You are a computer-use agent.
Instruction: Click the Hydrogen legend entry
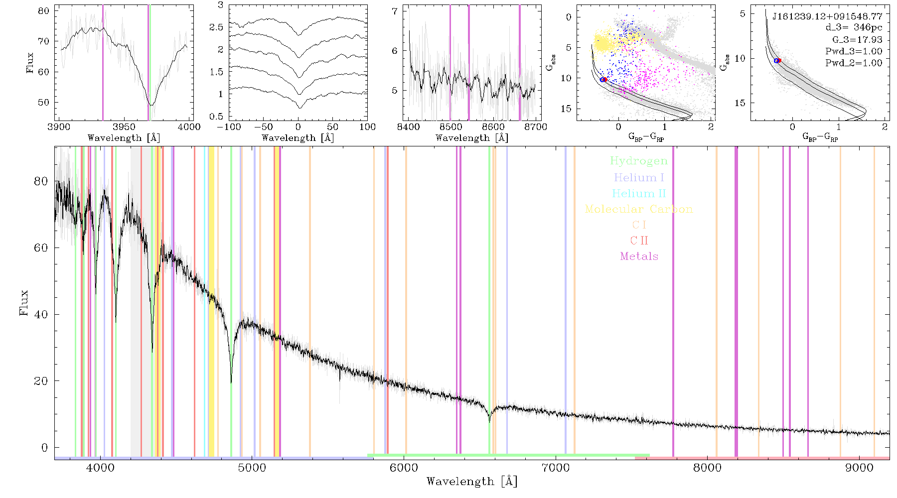639,161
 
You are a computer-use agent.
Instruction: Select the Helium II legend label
639,193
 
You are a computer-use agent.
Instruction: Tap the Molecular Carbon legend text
639,209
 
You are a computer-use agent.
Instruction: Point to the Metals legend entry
639,256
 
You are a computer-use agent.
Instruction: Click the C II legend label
639,241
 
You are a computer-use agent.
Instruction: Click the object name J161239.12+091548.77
827,16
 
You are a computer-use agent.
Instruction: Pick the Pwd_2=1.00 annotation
854,63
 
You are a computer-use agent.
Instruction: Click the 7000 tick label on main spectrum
555,468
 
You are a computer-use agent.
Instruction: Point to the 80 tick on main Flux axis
41,181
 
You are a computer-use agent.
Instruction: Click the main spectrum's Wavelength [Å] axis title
472,482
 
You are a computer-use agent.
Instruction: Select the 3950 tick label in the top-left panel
124,127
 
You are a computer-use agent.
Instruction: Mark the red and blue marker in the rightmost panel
777,60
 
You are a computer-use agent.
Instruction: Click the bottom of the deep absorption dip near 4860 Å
231,382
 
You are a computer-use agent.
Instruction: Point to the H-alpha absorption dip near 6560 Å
489,421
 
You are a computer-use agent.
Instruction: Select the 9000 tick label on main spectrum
859,468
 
